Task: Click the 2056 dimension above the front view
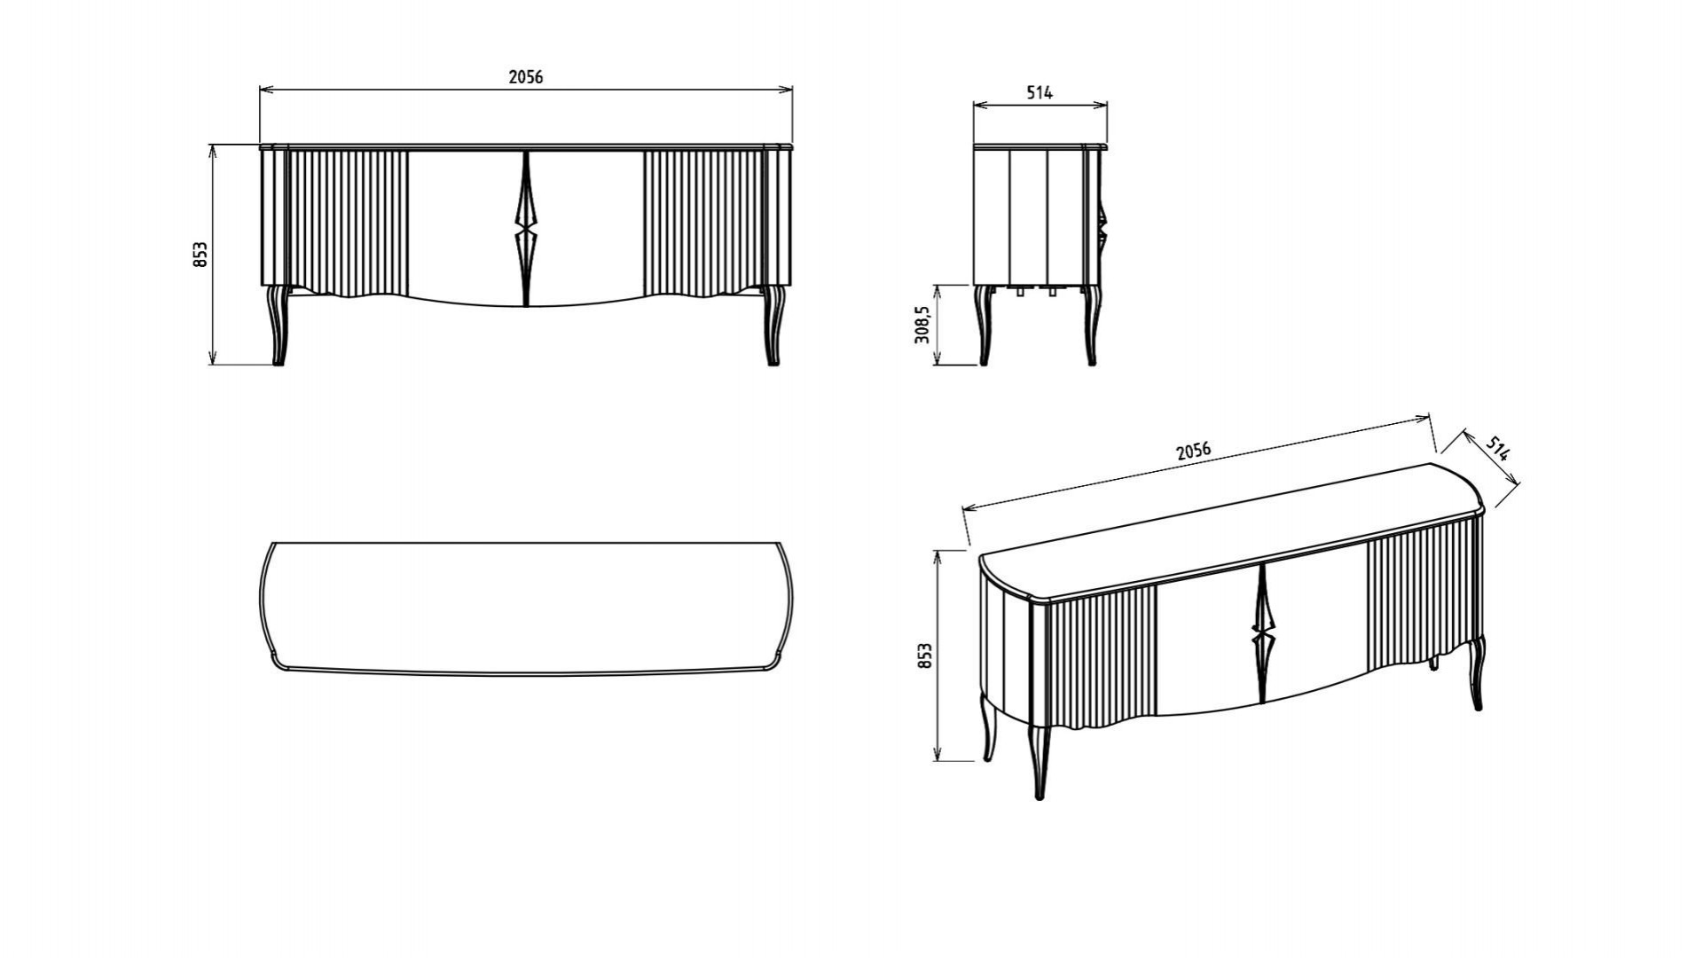tap(525, 77)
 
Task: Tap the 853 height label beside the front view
tap(201, 255)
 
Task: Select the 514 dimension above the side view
tap(1040, 92)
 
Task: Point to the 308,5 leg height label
tap(922, 324)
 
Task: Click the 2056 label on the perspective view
tap(1193, 451)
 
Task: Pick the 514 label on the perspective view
tap(1497, 449)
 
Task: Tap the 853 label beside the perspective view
tap(925, 656)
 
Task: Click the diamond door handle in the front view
tap(525, 228)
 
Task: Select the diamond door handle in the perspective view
tap(1260, 633)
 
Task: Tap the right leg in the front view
tap(773, 325)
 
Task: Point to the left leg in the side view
tap(982, 325)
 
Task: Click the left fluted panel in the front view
tap(348, 222)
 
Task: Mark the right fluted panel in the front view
tap(702, 222)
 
